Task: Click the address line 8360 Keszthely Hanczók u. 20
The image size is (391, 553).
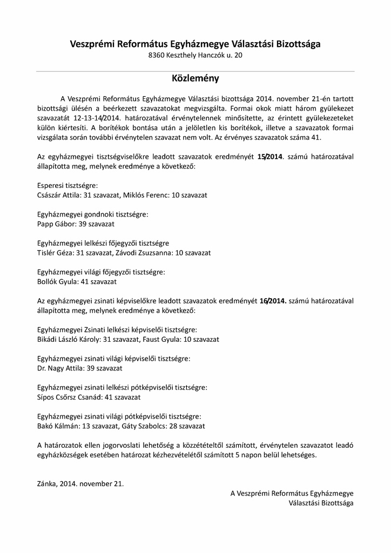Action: tap(195, 56)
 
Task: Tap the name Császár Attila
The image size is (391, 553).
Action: tap(58, 194)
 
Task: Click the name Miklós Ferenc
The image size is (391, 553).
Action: tap(147, 194)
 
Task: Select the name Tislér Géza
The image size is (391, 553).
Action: tap(55, 253)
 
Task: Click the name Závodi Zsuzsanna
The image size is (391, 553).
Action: tap(145, 253)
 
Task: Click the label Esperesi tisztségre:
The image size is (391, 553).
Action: tap(67, 185)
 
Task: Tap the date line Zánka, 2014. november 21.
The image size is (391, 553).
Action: tap(80, 483)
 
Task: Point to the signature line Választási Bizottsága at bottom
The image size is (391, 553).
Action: tap(321, 503)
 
